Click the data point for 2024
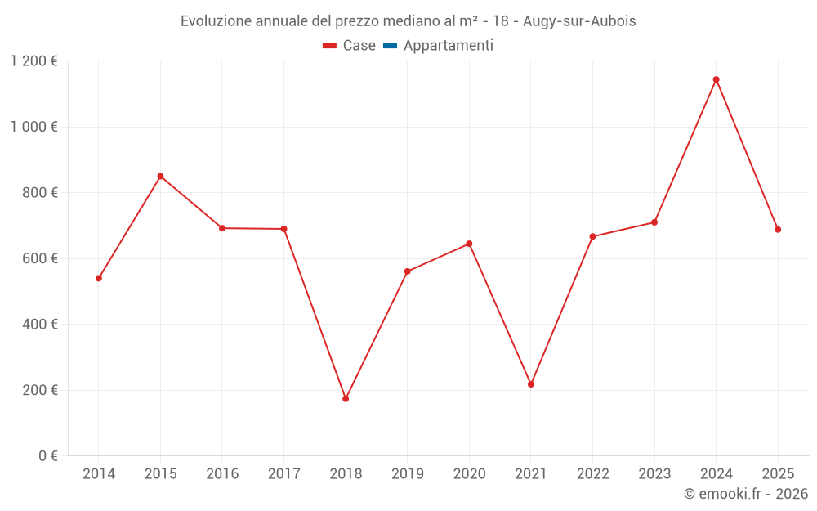[x=716, y=79]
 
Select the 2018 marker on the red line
[x=346, y=399]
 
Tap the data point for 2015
[x=160, y=176]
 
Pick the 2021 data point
[x=531, y=384]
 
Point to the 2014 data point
[x=99, y=278]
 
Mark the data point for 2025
[x=778, y=230]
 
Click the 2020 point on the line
[x=469, y=244]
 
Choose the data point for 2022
[x=592, y=236]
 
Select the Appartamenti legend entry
[x=448, y=46]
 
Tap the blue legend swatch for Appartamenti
[x=390, y=46]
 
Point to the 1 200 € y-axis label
[x=33, y=61]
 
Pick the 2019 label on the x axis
[x=407, y=474]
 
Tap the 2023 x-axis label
[x=654, y=474]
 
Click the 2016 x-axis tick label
[x=222, y=474]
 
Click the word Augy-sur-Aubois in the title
[x=579, y=21]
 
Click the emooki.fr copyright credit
[x=746, y=494]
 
